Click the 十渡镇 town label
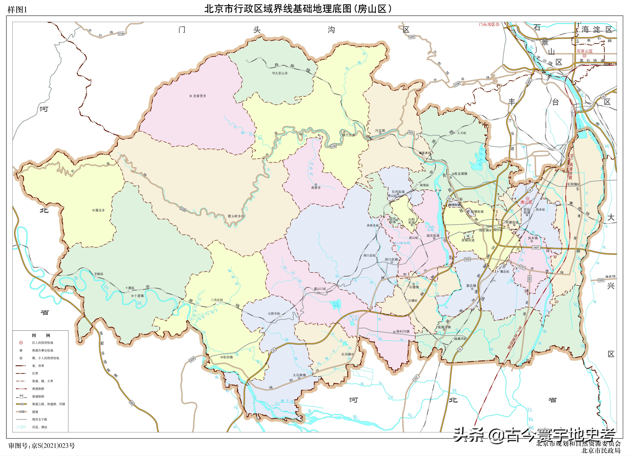(x=139, y=296)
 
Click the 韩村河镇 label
(x=402, y=331)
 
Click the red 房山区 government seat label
(x=526, y=202)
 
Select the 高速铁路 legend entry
(x=38, y=389)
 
